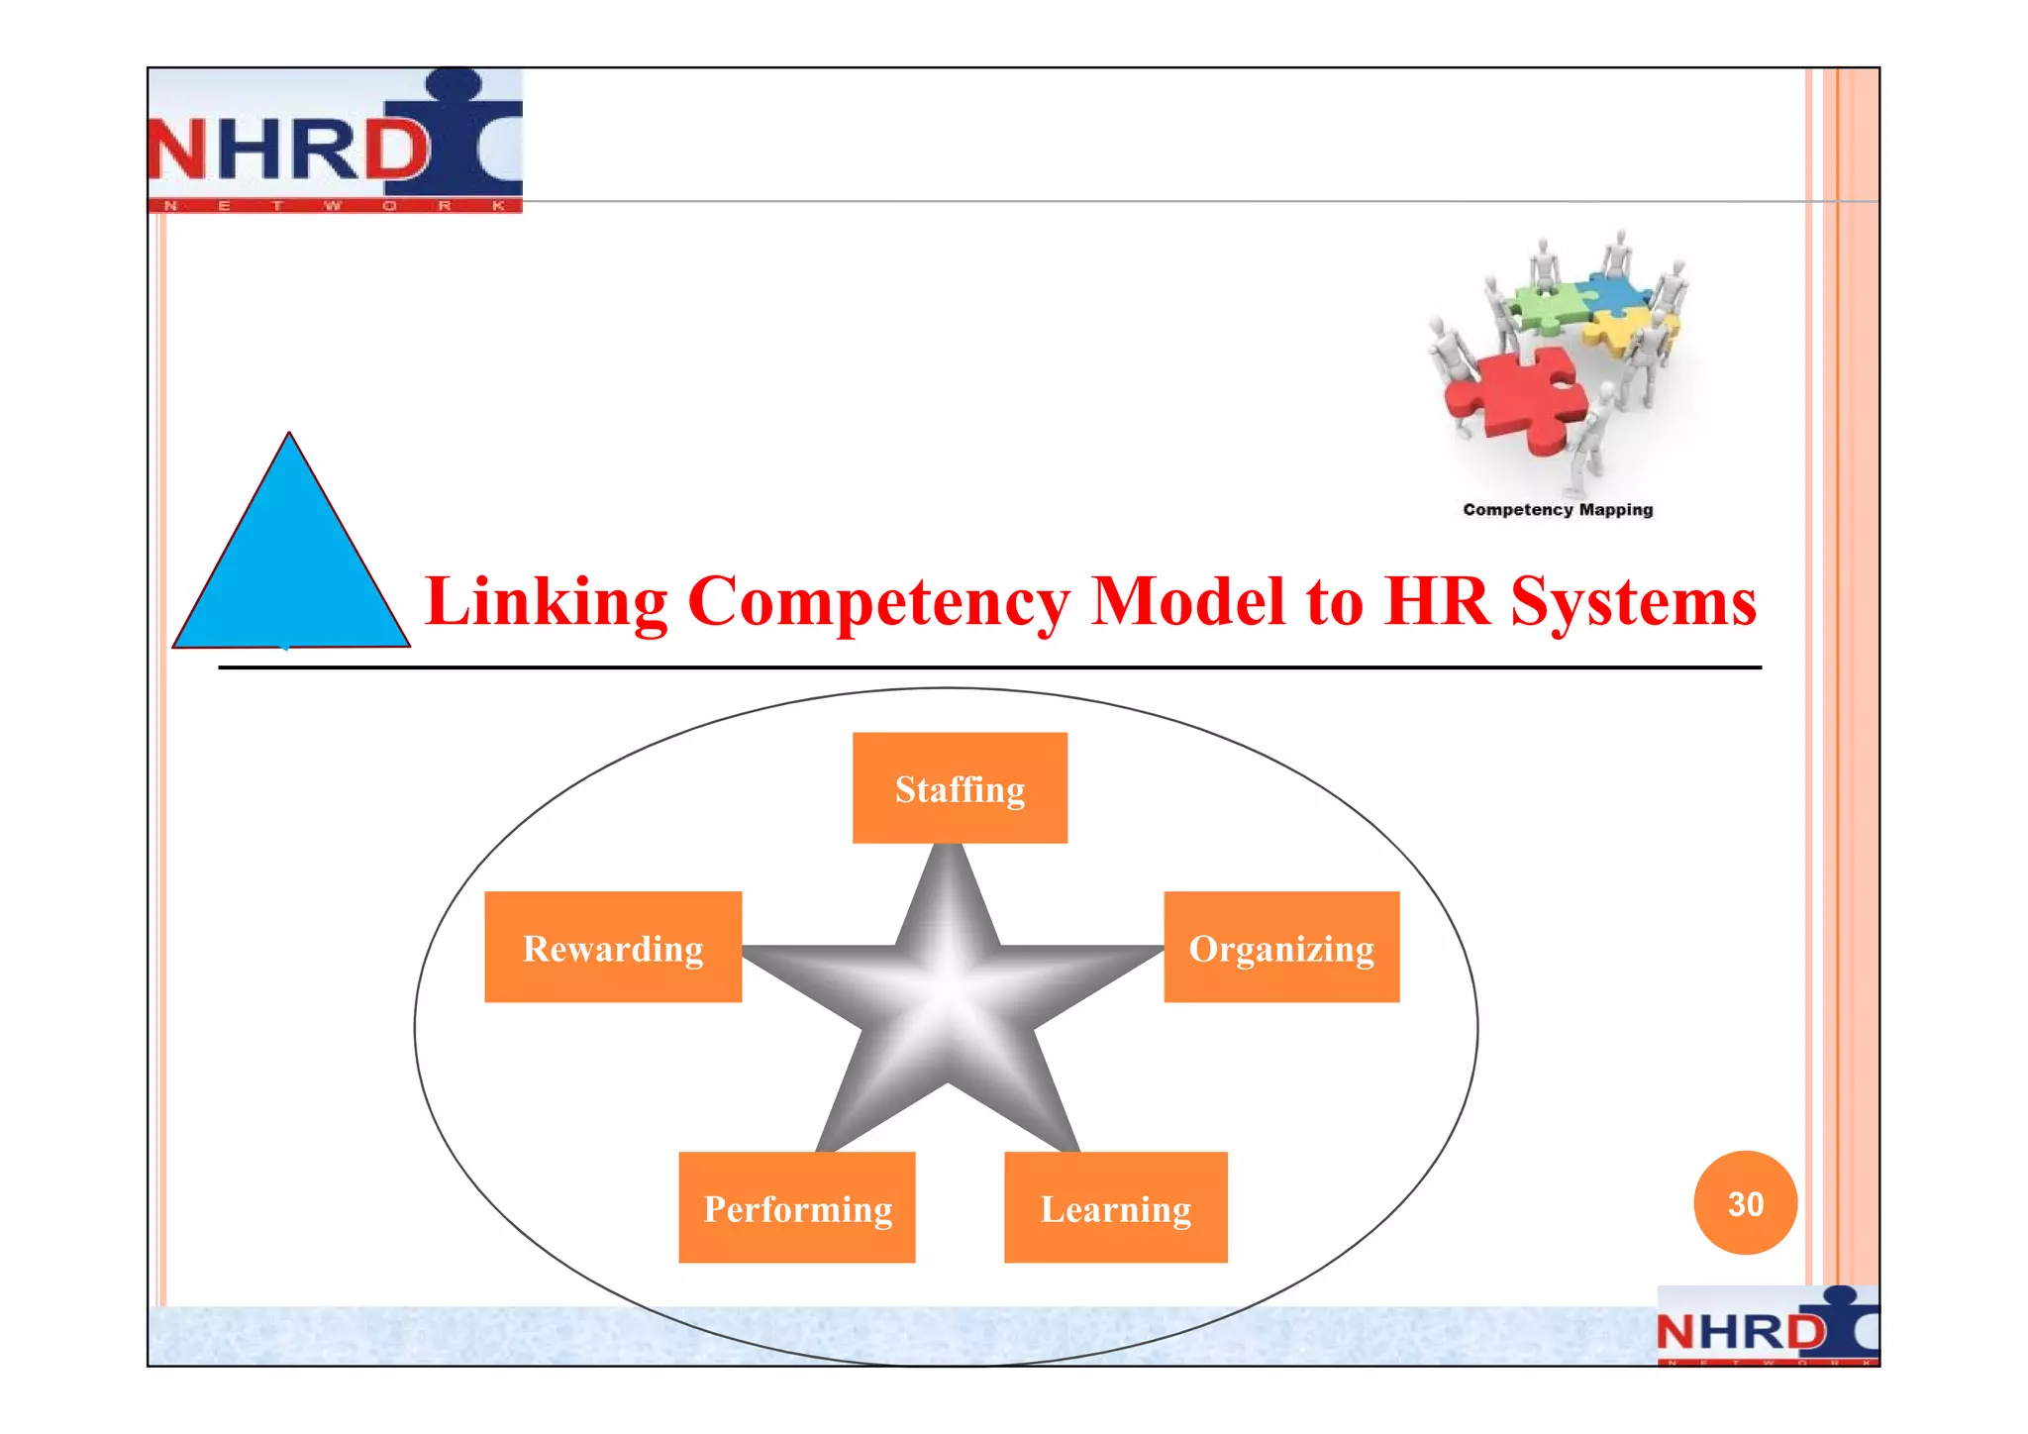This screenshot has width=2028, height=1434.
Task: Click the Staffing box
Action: [x=960, y=788]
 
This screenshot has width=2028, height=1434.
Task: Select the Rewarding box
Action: [x=613, y=948]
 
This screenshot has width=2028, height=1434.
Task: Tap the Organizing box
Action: [x=1281, y=948]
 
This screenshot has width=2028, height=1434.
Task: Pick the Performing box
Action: [x=797, y=1207]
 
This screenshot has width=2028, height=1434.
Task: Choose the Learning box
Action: [x=1116, y=1207]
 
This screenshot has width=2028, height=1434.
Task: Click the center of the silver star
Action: [x=949, y=995]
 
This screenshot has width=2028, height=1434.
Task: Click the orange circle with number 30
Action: [x=1745, y=1203]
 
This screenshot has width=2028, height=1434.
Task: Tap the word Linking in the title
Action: [x=547, y=601]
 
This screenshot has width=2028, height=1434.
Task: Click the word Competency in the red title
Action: [x=878, y=601]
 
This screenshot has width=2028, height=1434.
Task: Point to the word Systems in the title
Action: [x=1633, y=601]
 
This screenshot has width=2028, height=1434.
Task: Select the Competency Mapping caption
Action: [x=1558, y=510]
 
